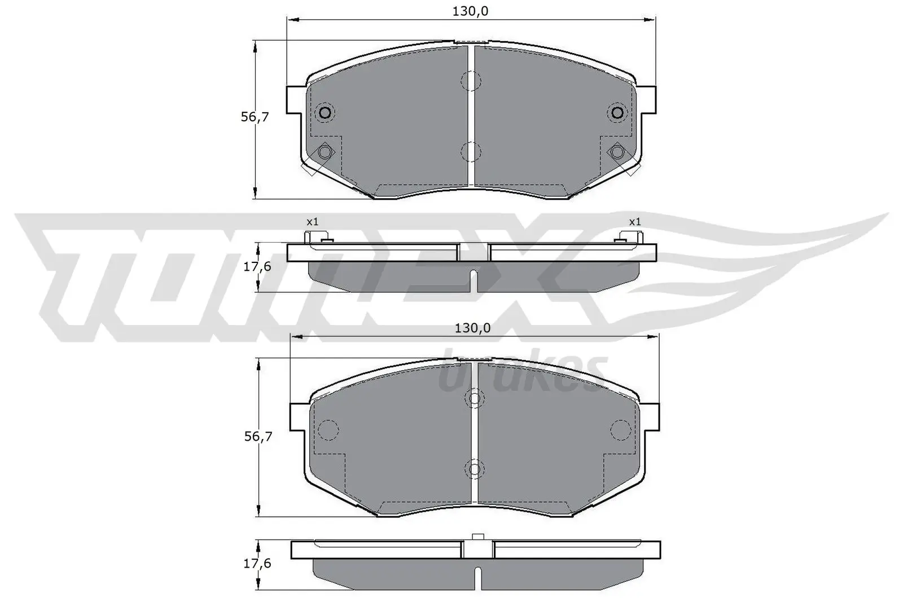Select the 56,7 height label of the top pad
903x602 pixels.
[255, 117]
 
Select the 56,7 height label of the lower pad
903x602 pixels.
[258, 436]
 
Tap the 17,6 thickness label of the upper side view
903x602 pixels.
[257, 266]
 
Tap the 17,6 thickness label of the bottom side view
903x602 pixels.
[257, 564]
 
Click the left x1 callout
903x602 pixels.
[312, 222]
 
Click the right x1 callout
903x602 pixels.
[635, 222]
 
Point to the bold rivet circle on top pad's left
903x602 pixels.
[325, 113]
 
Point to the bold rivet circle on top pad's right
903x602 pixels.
[617, 113]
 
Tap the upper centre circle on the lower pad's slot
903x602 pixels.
[474, 399]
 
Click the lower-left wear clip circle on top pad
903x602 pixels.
[325, 152]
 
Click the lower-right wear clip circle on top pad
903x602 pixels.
[617, 152]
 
